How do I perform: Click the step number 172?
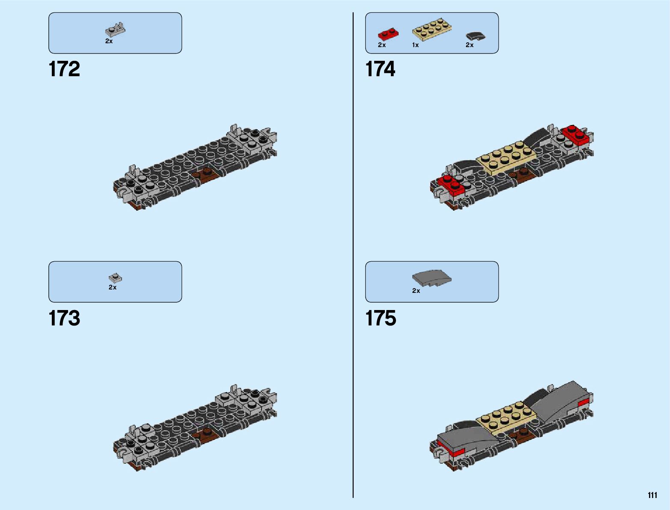[64, 69]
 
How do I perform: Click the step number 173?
[64, 319]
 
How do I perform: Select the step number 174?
[380, 69]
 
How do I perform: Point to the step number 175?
[381, 319]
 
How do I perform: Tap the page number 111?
[652, 495]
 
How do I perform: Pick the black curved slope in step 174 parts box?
[476, 36]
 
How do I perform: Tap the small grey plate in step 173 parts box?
[115, 278]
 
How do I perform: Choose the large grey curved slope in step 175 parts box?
[432, 278]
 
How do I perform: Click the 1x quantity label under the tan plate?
[415, 45]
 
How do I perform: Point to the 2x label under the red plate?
[382, 45]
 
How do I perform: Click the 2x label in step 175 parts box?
[416, 291]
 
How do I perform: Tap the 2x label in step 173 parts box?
[113, 287]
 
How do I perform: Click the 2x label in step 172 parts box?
[109, 41]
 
